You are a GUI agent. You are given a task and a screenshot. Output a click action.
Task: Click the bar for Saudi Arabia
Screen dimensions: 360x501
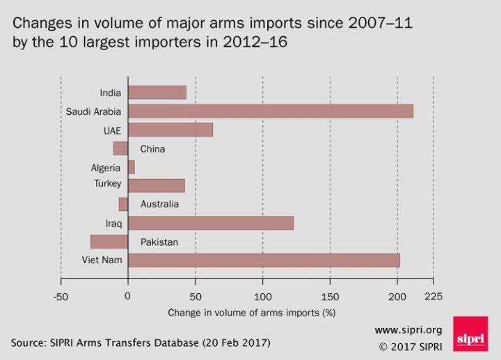pyautogui.click(x=271, y=111)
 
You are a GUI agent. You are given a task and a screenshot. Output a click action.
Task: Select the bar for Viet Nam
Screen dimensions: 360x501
pyautogui.click(x=264, y=260)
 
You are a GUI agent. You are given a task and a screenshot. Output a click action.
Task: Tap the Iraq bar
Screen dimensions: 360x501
pyautogui.click(x=211, y=223)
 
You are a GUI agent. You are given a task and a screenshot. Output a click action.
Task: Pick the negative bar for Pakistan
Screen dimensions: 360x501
pyautogui.click(x=109, y=242)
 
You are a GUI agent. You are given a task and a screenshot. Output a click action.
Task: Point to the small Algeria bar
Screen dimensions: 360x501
pyautogui.click(x=132, y=167)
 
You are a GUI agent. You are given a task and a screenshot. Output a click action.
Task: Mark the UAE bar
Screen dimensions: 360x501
pyautogui.click(x=170, y=130)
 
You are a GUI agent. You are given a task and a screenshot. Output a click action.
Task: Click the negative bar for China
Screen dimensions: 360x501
pyautogui.click(x=120, y=148)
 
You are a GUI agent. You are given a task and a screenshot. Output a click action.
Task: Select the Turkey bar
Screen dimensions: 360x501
pyautogui.click(x=157, y=185)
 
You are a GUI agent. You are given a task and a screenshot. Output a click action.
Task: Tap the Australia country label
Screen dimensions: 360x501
pyautogui.click(x=159, y=205)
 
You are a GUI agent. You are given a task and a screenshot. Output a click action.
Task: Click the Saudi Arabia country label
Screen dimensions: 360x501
pyautogui.click(x=94, y=111)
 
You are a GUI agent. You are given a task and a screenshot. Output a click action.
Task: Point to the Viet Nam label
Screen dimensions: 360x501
pyautogui.click(x=102, y=261)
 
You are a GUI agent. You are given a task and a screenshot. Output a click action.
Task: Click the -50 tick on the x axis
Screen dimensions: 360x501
pyautogui.click(x=61, y=296)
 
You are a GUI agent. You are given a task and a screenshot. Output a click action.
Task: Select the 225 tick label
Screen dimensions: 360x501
pyautogui.click(x=433, y=296)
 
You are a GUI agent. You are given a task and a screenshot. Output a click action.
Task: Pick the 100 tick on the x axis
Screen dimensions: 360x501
pyautogui.click(x=262, y=296)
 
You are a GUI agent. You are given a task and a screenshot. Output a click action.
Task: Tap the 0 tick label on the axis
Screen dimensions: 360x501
pyautogui.click(x=128, y=296)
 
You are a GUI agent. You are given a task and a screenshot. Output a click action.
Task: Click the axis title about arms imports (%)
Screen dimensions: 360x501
pyautogui.click(x=251, y=313)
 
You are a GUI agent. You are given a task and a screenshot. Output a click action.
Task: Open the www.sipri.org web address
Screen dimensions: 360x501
pyautogui.click(x=409, y=329)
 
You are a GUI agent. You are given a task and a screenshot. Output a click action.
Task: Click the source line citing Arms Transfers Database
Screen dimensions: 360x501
pyautogui.click(x=140, y=343)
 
